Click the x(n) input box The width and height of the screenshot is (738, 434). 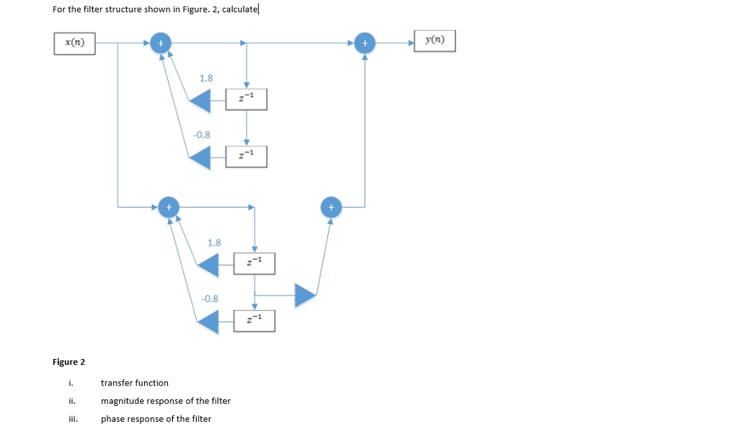coord(75,43)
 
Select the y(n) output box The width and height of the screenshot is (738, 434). coord(435,41)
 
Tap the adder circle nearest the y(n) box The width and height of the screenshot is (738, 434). coord(365,43)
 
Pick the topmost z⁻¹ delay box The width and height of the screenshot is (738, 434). coord(246,99)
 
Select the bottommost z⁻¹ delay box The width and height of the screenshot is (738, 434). coord(254,320)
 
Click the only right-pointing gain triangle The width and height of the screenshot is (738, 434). coord(306,293)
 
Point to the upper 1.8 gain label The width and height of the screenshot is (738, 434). coord(205,78)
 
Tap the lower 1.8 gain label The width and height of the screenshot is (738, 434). coord(214,243)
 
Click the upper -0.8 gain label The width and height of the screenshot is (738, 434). coord(203,134)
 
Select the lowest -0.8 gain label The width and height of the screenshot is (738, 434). coord(210,298)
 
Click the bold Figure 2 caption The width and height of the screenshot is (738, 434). coord(68,361)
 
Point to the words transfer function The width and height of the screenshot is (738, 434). coord(135,383)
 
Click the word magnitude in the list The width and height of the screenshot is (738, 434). coord(120,401)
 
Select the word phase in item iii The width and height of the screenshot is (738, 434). coord(112,419)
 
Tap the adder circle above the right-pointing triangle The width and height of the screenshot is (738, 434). coord(331,207)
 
